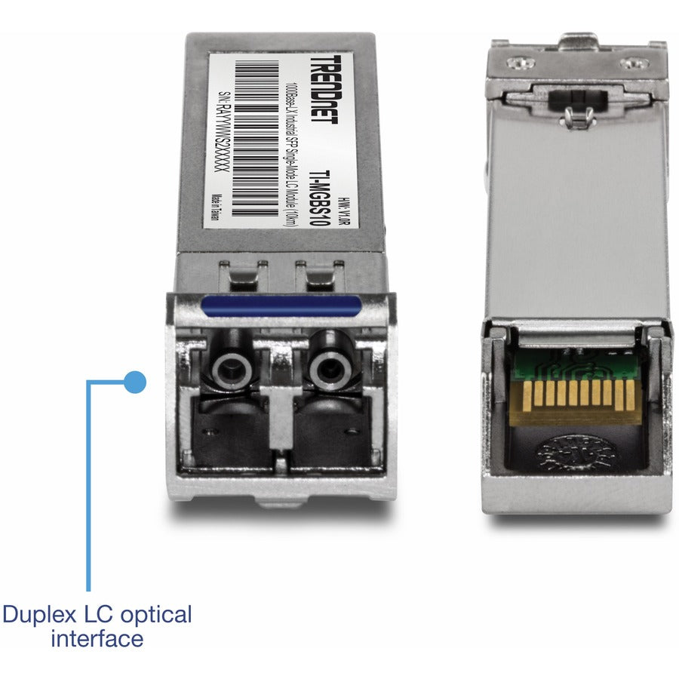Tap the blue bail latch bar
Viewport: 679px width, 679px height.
click(x=280, y=306)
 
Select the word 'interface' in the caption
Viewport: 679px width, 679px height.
click(x=97, y=639)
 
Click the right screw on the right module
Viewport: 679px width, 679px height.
click(x=632, y=65)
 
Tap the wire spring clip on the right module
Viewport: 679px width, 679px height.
click(x=577, y=113)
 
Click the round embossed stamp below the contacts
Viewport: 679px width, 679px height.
click(x=576, y=453)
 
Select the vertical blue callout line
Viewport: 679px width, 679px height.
click(x=88, y=490)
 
